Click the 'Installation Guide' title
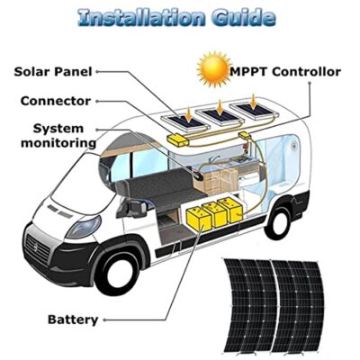point(176,17)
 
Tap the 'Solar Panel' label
point(53,72)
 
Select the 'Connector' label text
point(56,101)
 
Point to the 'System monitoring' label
point(58,136)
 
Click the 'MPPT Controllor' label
point(285,72)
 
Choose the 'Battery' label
point(73,319)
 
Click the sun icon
point(213,69)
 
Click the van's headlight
point(84,227)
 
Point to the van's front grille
point(37,248)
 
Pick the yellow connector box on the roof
point(178,140)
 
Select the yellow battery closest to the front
point(199,220)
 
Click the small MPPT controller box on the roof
point(245,135)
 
